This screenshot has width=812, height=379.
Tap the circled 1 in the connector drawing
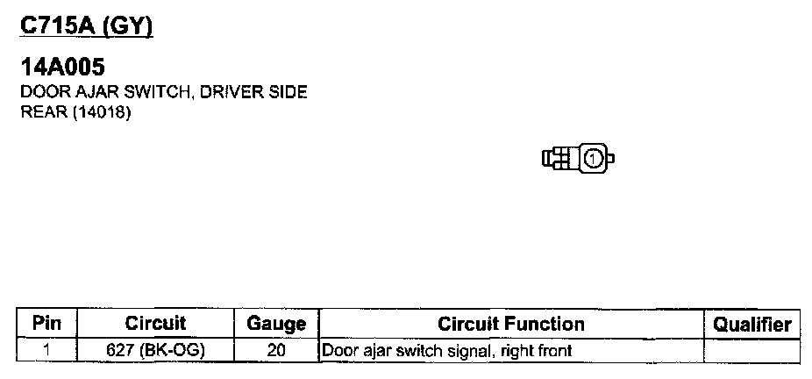coord(593,159)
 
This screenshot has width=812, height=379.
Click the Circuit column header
coord(156,324)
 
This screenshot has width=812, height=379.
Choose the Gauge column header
coord(276,324)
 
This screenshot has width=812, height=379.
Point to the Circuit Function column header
coord(510,324)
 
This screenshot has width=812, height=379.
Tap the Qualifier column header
coord(752,324)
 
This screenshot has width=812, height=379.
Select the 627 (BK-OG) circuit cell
coord(156,351)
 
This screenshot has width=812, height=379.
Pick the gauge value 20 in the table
coord(276,351)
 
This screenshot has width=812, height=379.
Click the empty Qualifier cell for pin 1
coord(752,351)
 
